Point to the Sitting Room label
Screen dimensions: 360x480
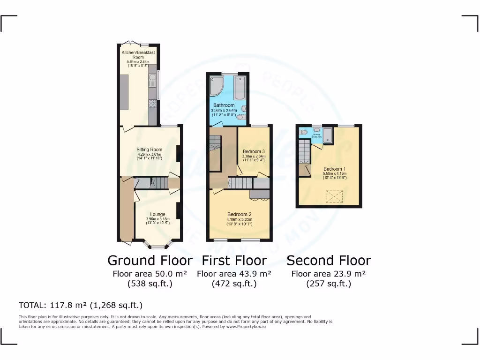point(149,150)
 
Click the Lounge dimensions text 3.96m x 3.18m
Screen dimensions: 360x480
point(157,219)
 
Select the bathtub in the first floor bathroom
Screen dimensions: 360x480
point(240,87)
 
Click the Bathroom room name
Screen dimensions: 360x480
point(224,105)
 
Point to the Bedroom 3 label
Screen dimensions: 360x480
point(254,151)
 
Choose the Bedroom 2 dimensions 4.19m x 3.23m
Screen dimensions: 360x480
point(240,219)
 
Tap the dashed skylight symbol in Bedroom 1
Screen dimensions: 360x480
point(335,195)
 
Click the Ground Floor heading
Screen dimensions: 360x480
point(150,261)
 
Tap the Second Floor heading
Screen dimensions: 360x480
point(329,261)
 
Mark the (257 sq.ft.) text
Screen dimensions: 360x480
point(329,284)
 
